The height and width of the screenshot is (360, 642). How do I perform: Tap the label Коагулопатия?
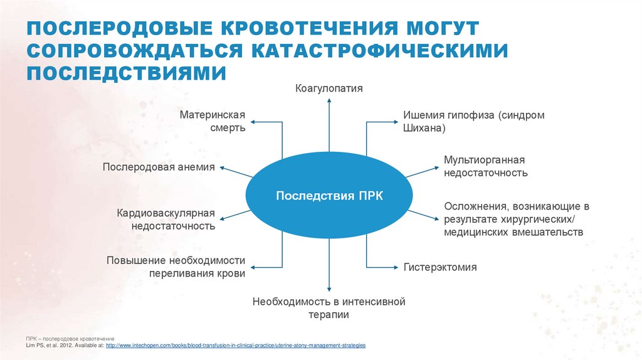[329, 88]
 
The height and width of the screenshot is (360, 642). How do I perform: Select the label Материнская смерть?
[212, 122]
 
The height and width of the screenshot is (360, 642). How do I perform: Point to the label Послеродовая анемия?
[159, 167]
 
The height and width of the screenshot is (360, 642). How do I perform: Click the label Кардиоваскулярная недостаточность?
[166, 220]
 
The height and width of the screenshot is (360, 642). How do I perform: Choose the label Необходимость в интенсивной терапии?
[329, 309]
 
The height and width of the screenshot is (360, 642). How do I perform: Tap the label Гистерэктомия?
[439, 267]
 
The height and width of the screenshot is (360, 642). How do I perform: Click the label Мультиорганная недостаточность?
[485, 167]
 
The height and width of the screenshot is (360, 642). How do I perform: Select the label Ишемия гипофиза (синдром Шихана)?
[473, 122]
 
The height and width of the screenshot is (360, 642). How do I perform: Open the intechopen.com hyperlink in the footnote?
[236, 346]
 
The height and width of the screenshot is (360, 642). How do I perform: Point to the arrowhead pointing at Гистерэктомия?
[396, 267]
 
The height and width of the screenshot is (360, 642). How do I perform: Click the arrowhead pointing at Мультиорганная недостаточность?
[436, 167]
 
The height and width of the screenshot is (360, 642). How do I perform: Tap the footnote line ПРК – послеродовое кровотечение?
[65, 338]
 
